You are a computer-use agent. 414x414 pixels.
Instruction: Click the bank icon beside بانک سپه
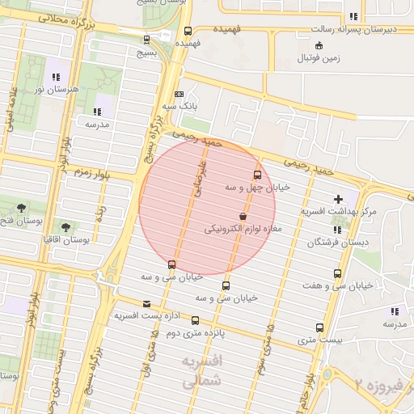point(180,94)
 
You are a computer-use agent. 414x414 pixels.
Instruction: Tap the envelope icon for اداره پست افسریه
point(146,304)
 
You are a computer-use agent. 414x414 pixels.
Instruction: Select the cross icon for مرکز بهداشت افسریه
point(338,199)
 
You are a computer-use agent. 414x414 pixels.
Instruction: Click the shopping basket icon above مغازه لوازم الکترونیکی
point(243,217)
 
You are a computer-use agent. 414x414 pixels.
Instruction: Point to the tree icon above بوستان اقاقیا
point(65,227)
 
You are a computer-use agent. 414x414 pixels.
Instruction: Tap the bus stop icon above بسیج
point(146,38)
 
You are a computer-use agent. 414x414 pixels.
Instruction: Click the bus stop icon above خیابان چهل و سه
point(257,174)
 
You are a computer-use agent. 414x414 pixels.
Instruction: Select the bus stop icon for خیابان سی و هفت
point(337,273)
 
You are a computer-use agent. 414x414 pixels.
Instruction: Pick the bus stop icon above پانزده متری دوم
point(195,319)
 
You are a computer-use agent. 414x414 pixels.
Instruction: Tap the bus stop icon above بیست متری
point(319,327)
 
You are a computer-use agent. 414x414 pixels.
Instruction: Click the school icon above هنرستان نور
point(54,77)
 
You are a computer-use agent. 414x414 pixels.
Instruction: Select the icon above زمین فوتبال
point(319,45)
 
